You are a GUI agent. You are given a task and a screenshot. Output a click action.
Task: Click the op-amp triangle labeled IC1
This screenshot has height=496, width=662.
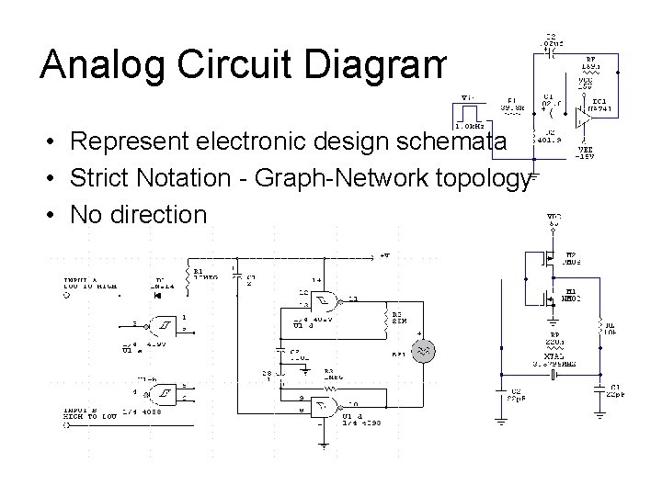(x=582, y=116)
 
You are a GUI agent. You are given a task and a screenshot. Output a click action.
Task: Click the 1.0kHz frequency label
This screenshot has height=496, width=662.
(x=471, y=126)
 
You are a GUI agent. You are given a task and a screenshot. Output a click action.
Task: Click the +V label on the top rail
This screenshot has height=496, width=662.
(x=383, y=254)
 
